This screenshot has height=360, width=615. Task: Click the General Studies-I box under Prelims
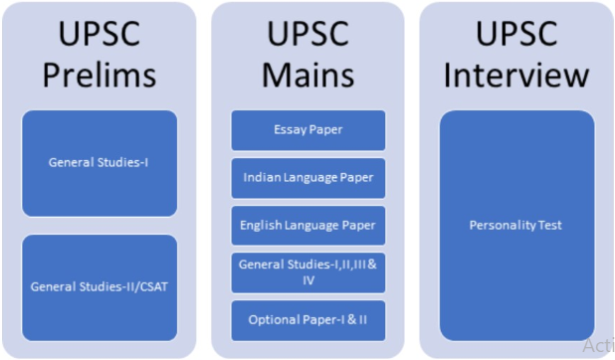(99, 163)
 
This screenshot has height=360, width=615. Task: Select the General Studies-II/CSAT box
(99, 287)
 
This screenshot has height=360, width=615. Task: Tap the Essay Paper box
(307, 130)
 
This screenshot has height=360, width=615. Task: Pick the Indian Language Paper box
(307, 178)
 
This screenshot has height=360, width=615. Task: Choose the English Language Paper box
(307, 226)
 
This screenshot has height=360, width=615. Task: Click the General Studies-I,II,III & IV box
(307, 272)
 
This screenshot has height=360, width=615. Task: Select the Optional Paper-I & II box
(307, 320)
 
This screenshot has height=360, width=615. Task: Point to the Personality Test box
(515, 226)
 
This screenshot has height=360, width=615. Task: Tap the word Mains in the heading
(307, 76)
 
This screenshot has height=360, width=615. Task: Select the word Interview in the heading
(515, 76)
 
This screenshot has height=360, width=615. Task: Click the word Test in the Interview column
(548, 226)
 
